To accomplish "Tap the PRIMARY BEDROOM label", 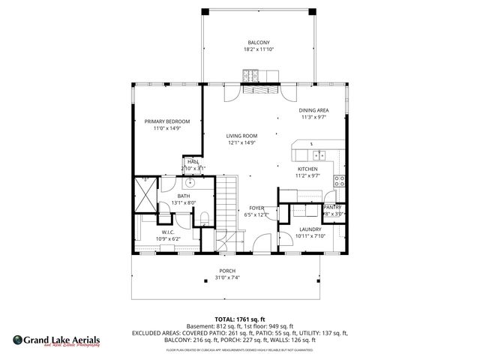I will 167,121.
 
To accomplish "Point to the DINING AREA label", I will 314,111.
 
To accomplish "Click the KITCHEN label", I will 307,169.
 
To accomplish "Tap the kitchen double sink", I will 320,156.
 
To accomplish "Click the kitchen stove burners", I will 340,181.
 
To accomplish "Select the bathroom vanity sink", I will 190,182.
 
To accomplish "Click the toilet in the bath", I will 204,218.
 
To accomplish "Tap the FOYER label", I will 256,209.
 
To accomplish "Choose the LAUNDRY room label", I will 310,229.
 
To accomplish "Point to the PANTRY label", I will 333,207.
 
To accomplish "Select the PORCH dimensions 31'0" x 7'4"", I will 227,277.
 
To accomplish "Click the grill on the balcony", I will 250,74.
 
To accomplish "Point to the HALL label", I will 193,161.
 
